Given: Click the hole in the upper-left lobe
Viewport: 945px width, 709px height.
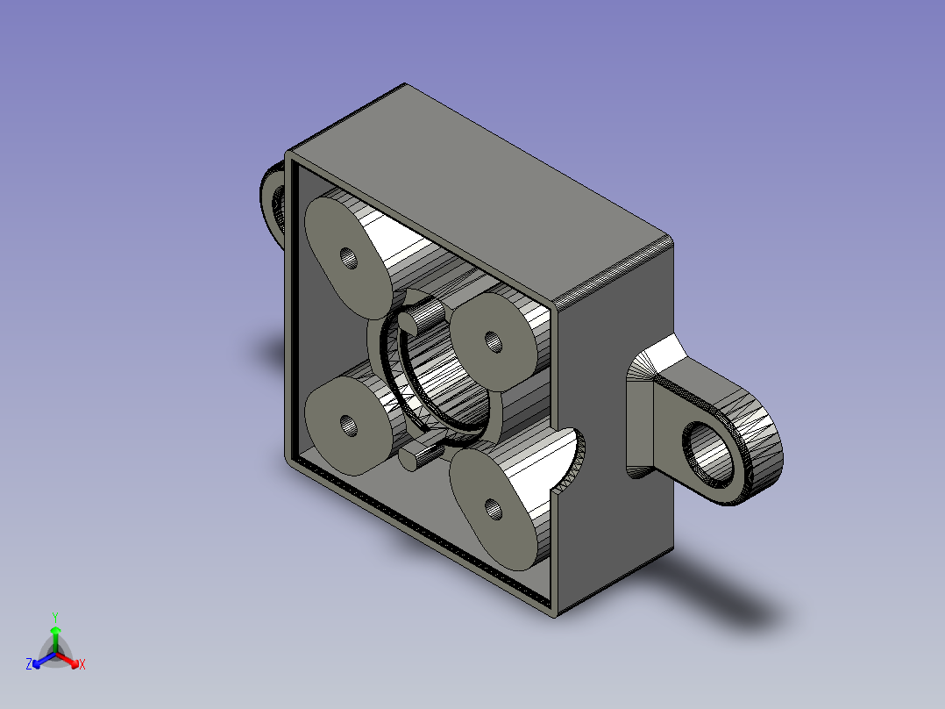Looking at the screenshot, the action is tap(349, 258).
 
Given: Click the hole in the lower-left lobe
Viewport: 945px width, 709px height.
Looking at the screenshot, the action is tap(348, 425).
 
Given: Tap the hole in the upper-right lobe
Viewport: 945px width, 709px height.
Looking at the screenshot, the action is tap(494, 342).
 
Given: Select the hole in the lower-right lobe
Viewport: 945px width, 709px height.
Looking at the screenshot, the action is tap(493, 509).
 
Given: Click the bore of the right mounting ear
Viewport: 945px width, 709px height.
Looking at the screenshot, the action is tap(708, 453).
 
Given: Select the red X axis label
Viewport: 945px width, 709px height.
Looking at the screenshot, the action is tap(82, 664).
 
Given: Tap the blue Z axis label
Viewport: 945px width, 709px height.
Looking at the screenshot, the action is tap(29, 663).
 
